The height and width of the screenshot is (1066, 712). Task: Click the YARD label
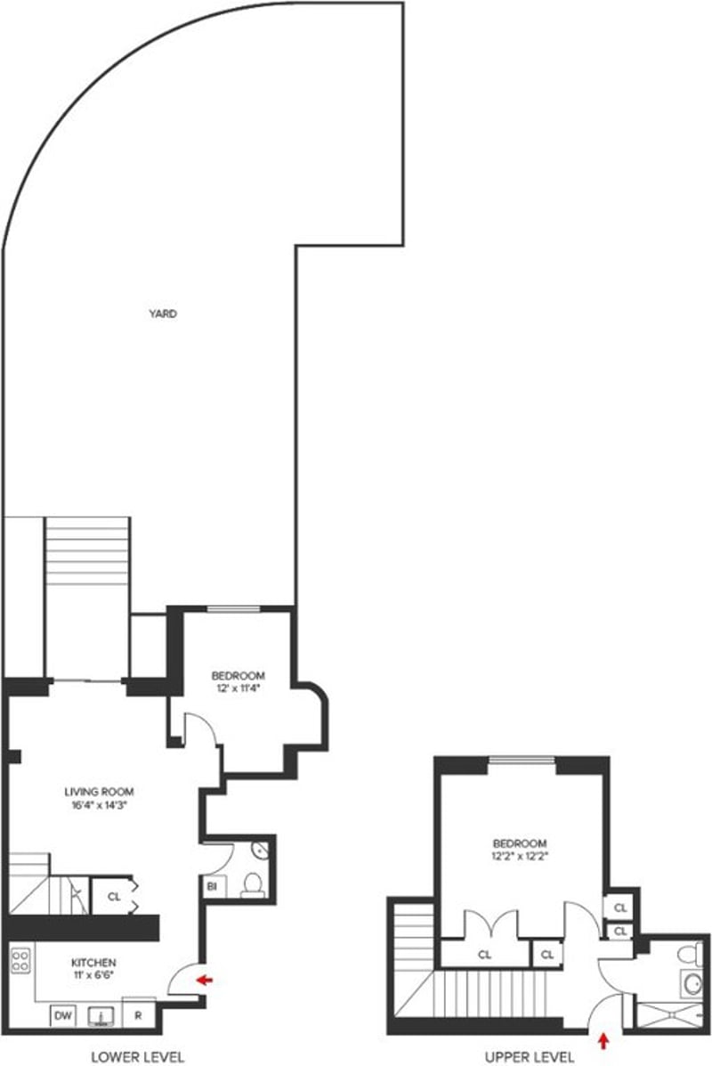(163, 313)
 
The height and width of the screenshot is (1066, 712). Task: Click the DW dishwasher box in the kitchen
(62, 1015)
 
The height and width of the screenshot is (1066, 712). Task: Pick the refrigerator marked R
(140, 1015)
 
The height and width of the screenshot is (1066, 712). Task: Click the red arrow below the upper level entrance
(606, 1039)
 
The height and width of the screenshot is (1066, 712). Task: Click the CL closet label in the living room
(113, 897)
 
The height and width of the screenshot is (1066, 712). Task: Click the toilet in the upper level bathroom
(688, 956)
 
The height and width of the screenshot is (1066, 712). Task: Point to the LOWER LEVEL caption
(138, 1057)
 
